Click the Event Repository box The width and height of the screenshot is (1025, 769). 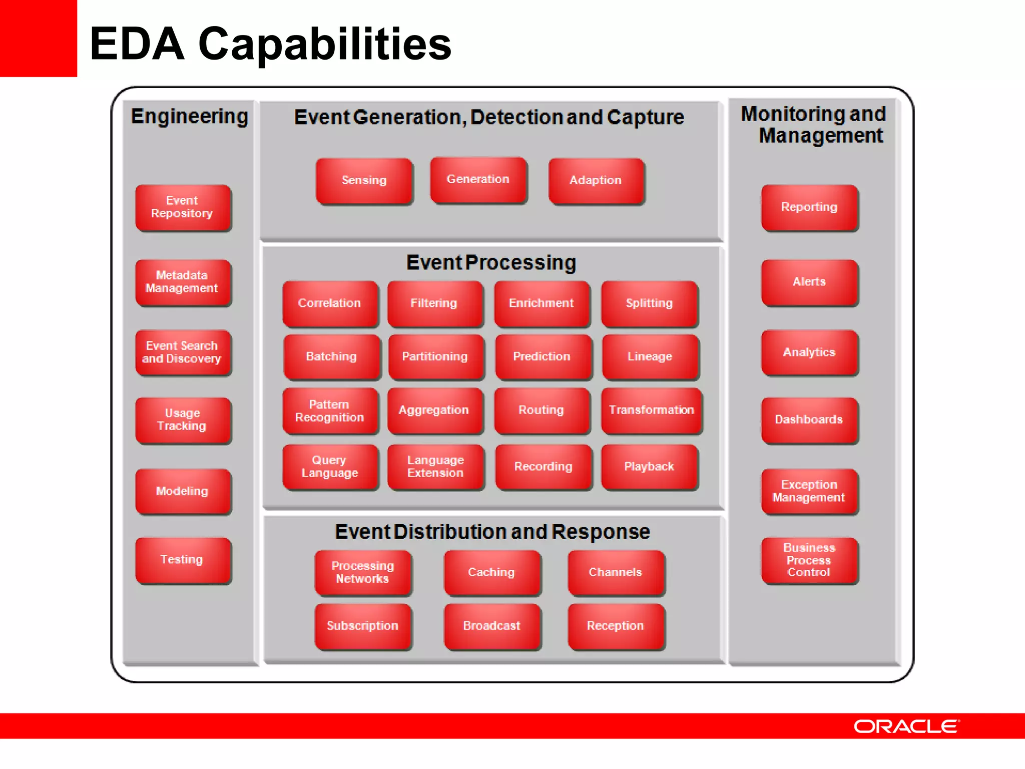pos(183,207)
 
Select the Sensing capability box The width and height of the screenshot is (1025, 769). pos(364,180)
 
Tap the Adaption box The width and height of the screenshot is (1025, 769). pos(596,180)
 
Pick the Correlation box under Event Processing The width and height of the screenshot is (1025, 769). pos(330,303)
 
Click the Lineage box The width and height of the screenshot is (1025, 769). pos(650,356)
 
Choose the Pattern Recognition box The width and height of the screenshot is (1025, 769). pos(330,411)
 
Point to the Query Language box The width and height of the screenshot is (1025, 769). pos(330,467)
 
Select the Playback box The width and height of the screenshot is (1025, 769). pos(649,467)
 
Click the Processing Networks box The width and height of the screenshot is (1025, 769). pos(362,572)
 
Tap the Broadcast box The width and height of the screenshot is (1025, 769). pos(491,626)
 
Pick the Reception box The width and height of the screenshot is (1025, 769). pos(616,626)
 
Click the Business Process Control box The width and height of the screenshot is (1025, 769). pos(809,560)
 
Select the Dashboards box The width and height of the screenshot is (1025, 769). pos(809,420)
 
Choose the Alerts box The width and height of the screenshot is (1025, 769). pos(809,282)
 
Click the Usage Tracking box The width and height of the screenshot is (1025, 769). pos(183,420)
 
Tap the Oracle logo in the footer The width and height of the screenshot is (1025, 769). pos(906,726)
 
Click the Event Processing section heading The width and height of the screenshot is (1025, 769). pos(491,263)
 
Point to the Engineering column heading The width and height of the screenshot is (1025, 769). pos(190,117)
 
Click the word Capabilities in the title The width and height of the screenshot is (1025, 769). pos(325,44)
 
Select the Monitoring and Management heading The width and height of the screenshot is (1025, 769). pos(813,125)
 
